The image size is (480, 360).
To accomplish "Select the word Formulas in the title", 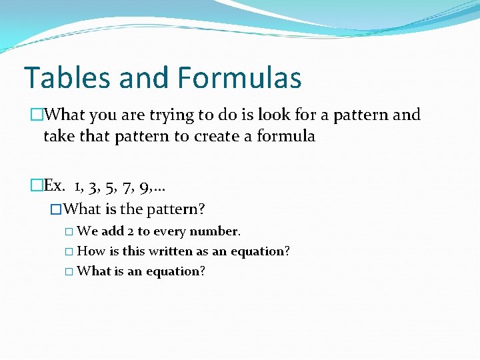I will click(x=240, y=77).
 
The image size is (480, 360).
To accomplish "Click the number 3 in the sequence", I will click(x=93, y=185).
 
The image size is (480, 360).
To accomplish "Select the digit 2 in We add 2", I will click(x=129, y=231).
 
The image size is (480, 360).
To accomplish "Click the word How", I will click(x=91, y=251).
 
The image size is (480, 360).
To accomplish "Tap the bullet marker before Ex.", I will click(x=37, y=185).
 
